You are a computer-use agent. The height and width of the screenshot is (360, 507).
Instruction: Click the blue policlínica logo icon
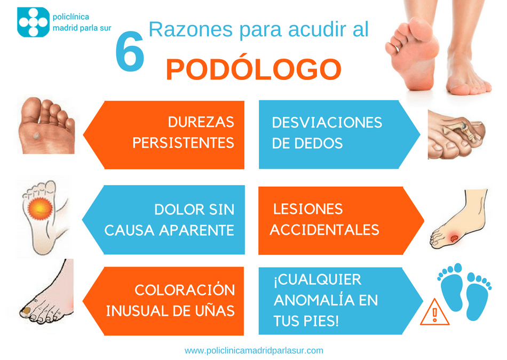click(x=33, y=22)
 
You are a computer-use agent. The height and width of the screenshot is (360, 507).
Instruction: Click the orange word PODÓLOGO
click(x=253, y=69)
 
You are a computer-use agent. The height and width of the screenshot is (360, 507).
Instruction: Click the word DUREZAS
click(x=201, y=122)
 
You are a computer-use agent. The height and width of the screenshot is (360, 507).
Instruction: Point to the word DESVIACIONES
click(x=327, y=123)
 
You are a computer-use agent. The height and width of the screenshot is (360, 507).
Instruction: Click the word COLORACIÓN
click(x=184, y=290)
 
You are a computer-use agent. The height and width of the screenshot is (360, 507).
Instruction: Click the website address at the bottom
click(x=253, y=350)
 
